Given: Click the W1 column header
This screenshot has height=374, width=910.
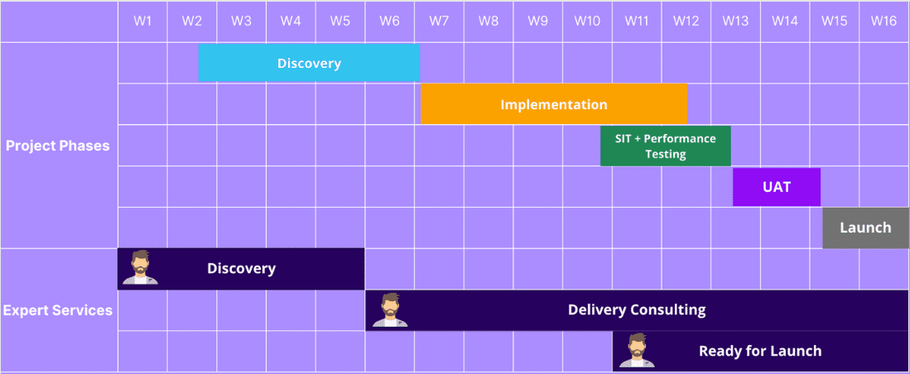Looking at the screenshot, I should point(142,22).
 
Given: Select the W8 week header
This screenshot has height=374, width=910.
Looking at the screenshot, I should point(489,22).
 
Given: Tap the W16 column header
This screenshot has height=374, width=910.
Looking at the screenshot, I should point(884,22).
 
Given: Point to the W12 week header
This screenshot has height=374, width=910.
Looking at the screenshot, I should point(686,22).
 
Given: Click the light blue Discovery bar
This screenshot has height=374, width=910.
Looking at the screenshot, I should point(309,63).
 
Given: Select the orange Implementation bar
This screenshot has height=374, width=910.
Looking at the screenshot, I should point(553,104).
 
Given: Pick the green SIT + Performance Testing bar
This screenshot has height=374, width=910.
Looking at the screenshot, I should point(665,146).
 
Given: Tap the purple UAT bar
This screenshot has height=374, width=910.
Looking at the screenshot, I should point(776,187).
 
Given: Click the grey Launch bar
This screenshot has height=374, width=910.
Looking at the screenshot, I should point(865,228).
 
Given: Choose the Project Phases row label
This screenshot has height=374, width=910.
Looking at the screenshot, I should point(58,146).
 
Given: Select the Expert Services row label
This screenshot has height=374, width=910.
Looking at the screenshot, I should point(58,310).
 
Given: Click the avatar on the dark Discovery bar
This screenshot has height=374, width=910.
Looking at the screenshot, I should point(140,268).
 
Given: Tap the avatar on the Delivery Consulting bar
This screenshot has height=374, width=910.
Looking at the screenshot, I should point(389,309).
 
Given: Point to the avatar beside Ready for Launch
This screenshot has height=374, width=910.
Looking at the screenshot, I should point(637,351).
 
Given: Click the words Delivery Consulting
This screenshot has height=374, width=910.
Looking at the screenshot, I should point(636,309).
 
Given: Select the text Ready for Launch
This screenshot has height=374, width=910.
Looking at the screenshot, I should point(759,351).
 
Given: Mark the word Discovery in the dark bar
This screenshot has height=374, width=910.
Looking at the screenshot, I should point(241,268).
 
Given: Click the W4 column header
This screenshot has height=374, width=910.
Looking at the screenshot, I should point(291,22).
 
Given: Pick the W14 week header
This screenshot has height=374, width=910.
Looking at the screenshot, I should point(784,22).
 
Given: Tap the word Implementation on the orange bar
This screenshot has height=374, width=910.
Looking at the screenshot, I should point(553,104).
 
